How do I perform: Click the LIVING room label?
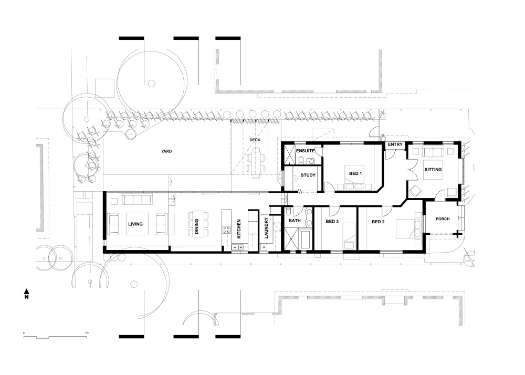coord(135,224)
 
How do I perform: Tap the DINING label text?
coord(196,226)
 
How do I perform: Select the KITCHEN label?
coord(239,229)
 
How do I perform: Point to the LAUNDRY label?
coord(267,228)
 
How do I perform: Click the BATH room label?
coord(295,221)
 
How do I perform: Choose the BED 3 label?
coord(332,221)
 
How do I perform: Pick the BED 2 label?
coord(378,222)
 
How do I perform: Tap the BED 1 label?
coord(355,173)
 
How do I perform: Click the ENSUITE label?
coord(306,151)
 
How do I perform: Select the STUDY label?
coord(308,175)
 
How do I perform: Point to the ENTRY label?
coord(395,144)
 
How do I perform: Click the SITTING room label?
coord(433,170)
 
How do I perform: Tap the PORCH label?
coord(443,219)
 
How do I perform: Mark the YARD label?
coord(166,151)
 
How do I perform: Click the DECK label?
coord(255,140)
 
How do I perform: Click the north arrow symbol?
coord(27,293)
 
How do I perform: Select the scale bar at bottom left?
coord(55,336)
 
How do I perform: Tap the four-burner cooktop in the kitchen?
coord(226,230)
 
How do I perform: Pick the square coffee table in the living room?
coord(137,224)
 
